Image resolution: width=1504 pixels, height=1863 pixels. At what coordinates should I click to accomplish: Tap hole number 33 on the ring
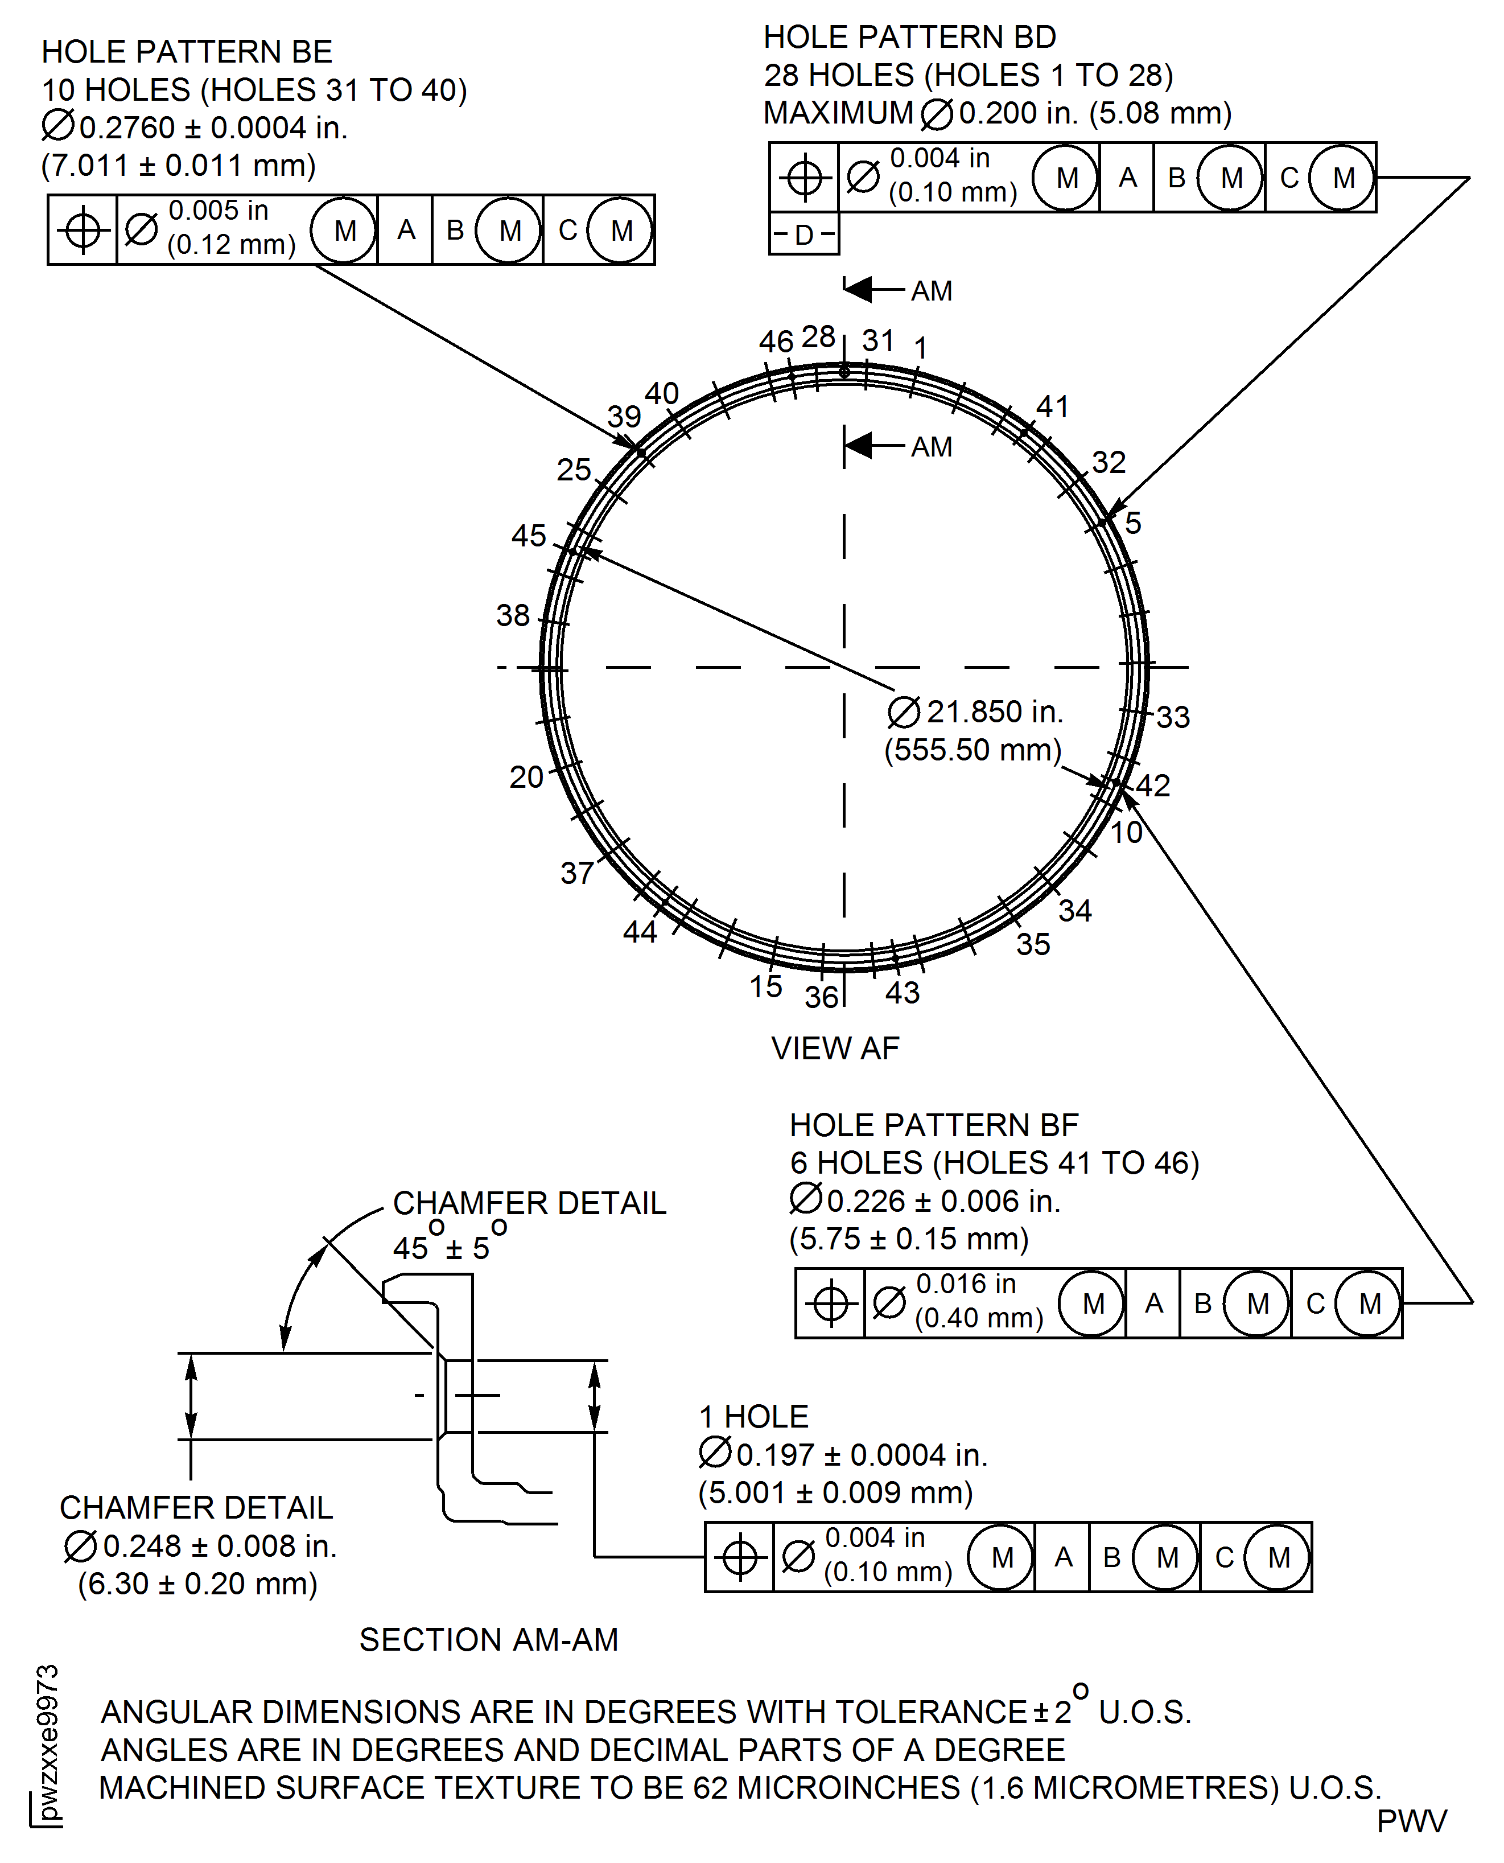point(1172,717)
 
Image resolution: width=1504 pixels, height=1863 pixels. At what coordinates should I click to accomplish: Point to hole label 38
point(512,615)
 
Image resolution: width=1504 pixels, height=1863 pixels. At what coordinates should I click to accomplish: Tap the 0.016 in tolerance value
point(965,1284)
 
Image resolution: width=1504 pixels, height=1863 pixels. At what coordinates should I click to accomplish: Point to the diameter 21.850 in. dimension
point(994,712)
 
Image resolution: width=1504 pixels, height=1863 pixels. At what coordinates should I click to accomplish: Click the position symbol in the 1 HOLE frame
point(739,1557)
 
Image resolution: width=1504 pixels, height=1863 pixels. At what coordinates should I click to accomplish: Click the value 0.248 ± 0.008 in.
point(219,1546)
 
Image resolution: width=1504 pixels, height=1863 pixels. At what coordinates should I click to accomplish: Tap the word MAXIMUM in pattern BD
point(838,113)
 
